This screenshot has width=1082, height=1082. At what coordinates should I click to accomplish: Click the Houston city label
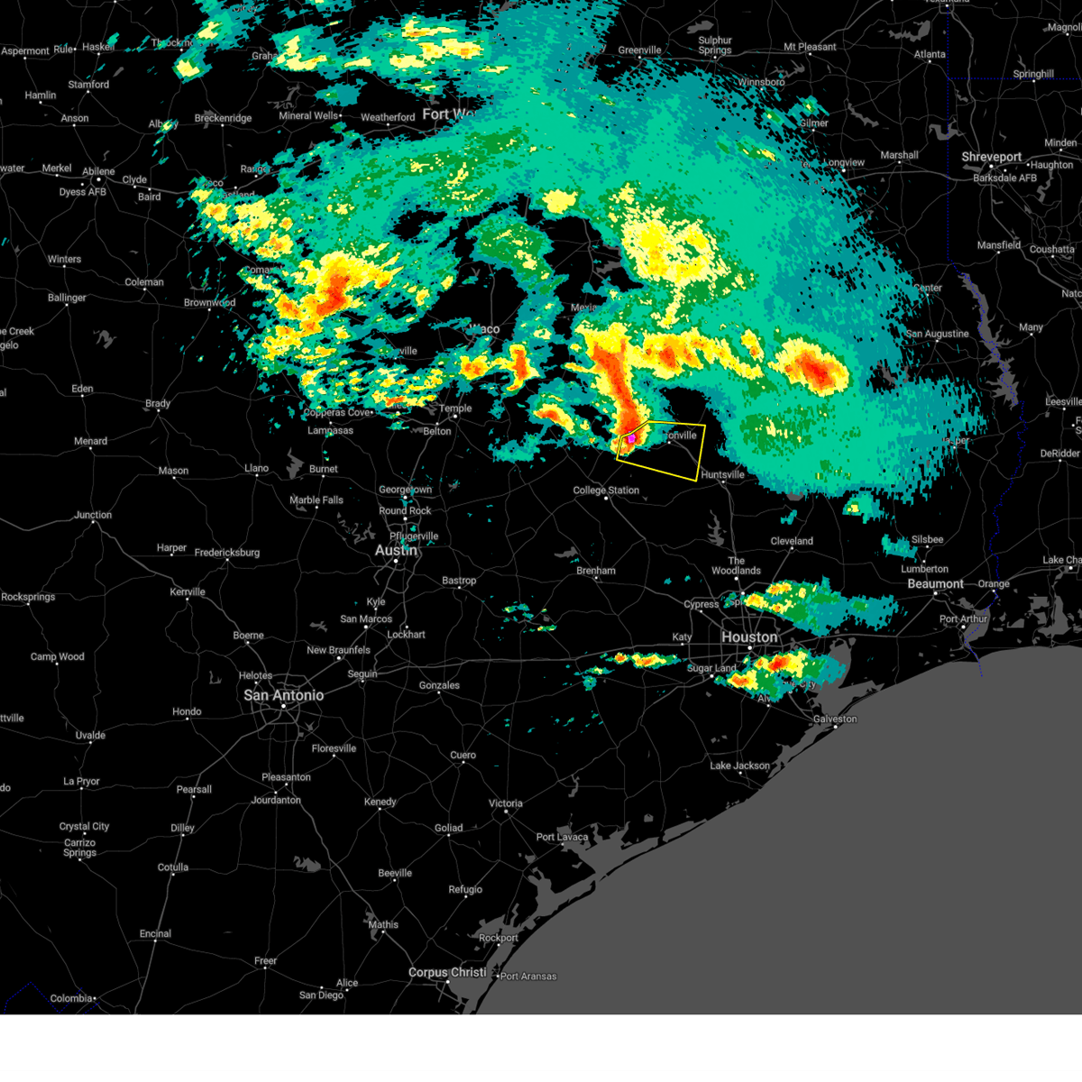tap(749, 637)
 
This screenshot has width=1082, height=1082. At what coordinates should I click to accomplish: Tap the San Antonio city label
tap(283, 695)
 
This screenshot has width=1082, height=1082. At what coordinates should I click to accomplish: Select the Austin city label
tap(395, 550)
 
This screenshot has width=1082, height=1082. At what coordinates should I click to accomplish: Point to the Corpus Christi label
tap(447, 973)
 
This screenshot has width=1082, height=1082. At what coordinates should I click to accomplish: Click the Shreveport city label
tap(991, 157)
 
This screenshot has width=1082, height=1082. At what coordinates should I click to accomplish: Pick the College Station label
tap(606, 491)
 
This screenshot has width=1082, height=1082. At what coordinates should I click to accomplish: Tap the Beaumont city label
tap(935, 584)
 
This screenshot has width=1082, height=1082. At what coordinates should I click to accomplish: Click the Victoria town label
tap(506, 803)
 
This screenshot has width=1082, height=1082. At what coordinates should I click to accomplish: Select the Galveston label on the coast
tap(835, 720)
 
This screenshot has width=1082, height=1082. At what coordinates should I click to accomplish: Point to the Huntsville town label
tap(723, 474)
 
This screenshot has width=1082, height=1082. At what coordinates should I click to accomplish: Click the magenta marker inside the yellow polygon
tap(631, 438)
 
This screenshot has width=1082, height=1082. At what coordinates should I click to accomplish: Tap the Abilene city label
tap(98, 171)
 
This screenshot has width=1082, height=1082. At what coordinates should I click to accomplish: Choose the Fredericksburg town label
tap(227, 552)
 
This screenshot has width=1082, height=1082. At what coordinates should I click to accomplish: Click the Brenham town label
tap(596, 571)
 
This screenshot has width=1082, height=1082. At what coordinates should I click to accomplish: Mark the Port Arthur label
tap(964, 619)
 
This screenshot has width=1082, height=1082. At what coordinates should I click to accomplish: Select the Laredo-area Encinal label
tap(155, 934)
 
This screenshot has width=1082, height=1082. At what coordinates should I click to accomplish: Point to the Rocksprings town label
tap(28, 597)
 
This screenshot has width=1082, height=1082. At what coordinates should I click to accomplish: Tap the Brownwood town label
tap(209, 303)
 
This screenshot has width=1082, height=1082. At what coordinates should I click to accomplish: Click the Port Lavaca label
tap(562, 837)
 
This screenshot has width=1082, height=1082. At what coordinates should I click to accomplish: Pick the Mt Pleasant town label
tap(810, 47)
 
